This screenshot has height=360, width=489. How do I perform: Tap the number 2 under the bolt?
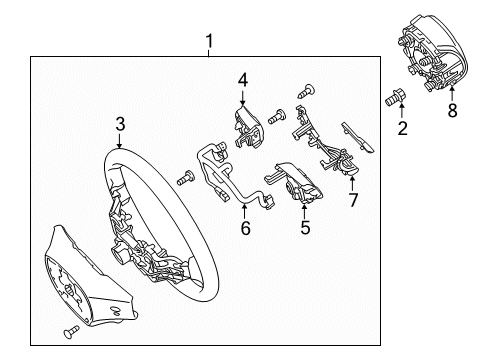point(402,129)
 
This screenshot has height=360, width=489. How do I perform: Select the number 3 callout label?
point(119,124)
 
